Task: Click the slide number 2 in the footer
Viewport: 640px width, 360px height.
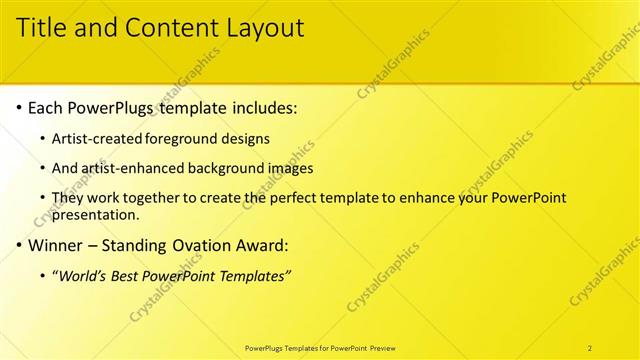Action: pyautogui.click(x=591, y=348)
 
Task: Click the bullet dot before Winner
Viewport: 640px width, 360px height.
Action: pyautogui.click(x=20, y=245)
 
